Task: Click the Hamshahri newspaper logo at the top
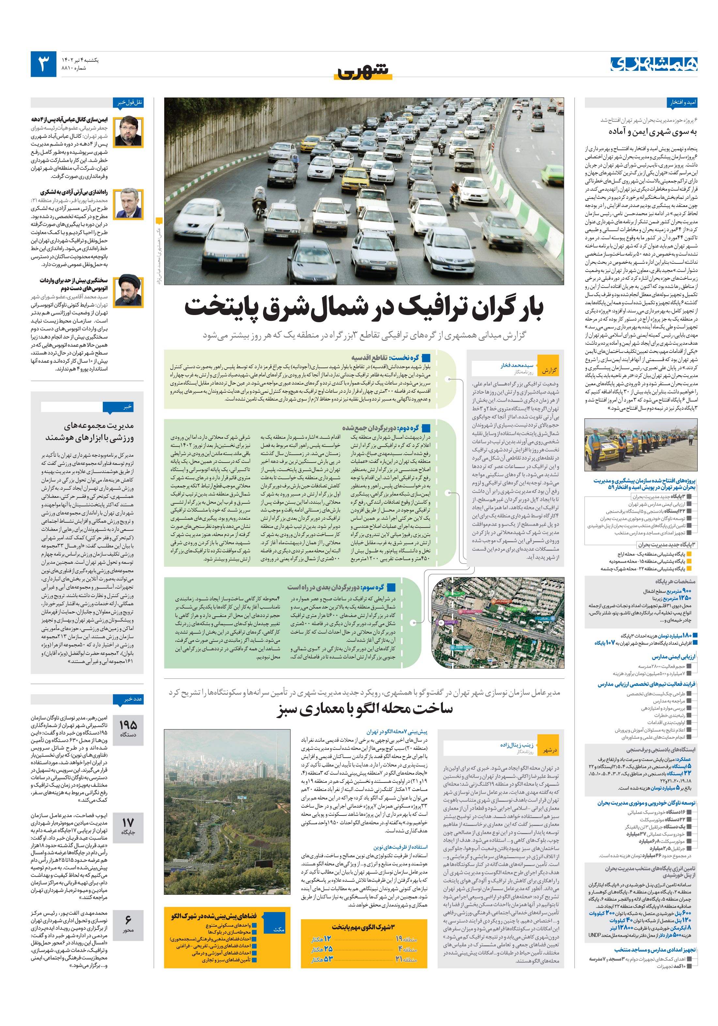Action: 654,64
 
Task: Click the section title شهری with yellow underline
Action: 363,71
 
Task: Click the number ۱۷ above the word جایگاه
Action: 128,822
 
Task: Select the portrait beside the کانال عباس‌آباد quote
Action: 128,131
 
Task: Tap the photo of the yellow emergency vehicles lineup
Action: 641,445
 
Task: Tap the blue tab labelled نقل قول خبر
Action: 130,102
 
